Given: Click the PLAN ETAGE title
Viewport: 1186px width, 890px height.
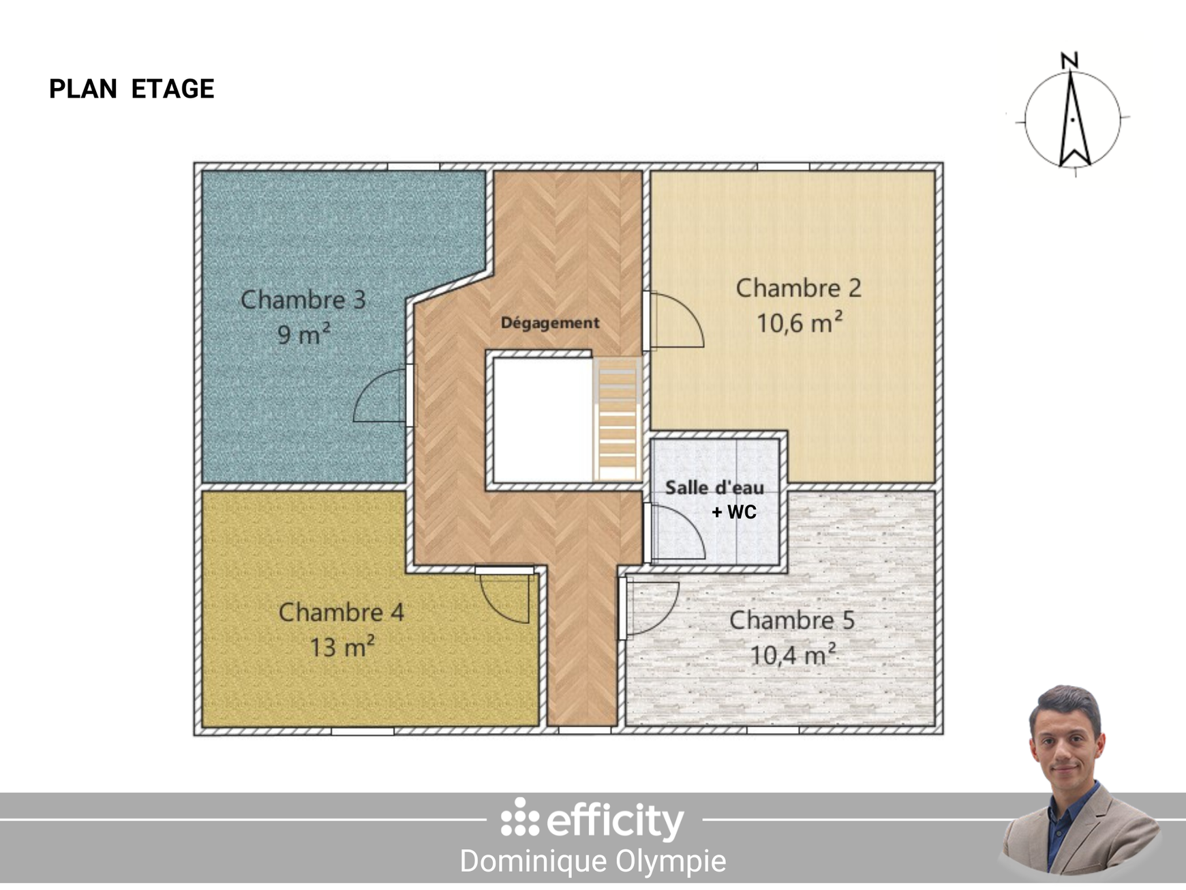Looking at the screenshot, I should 132,89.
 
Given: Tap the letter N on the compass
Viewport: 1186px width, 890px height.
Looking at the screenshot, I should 1069,61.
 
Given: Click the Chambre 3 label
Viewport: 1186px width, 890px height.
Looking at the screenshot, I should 303,300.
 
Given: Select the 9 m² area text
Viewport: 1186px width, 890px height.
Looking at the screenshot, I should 303,334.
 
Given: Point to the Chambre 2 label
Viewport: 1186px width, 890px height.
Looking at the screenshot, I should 798,288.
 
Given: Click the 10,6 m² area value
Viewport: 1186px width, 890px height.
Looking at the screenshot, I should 799,323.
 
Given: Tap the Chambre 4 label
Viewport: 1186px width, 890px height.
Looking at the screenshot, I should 341,612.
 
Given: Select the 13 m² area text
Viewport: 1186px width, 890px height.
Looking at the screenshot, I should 341,647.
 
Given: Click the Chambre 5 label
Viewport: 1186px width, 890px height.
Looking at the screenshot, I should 791,620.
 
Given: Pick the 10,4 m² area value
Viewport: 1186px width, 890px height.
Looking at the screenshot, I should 793,655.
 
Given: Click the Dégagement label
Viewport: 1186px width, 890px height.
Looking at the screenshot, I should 549,323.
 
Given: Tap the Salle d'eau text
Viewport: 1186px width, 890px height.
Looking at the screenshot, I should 714,488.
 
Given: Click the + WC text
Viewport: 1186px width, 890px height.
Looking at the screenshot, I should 733,512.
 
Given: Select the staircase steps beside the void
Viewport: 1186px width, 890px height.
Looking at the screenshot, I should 618,419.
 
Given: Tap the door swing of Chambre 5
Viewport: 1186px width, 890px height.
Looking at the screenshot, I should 652,607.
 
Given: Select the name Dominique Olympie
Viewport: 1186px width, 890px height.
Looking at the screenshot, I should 592,861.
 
